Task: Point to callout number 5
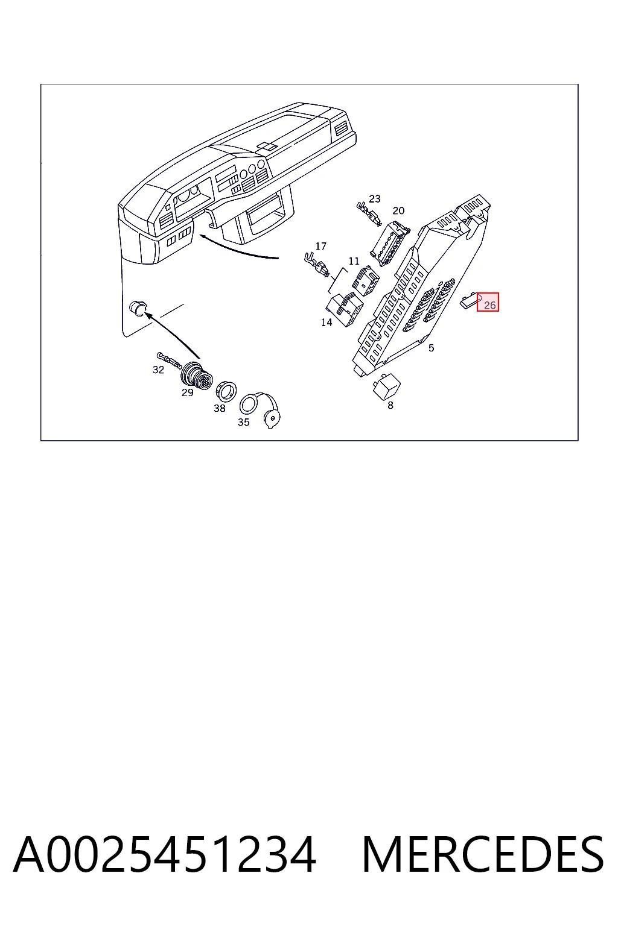[432, 348]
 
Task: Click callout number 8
[390, 406]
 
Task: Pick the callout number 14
[327, 323]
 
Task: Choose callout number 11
[354, 261]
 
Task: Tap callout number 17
[321, 247]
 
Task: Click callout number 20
[398, 211]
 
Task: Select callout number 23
[375, 199]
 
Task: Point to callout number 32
[158, 370]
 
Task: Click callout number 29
[188, 392]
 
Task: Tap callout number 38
[220, 408]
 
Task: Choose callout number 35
[243, 422]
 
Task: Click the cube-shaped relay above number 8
[387, 386]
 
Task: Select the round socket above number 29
[197, 374]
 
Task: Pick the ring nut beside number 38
[227, 391]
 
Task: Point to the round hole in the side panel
[138, 309]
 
